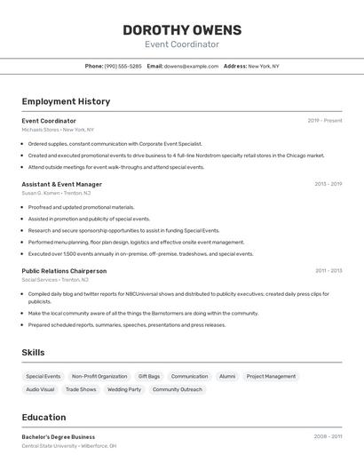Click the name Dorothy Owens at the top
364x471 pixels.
pos(181,29)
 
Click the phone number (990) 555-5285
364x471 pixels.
pos(123,66)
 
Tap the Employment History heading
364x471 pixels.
pos(66,101)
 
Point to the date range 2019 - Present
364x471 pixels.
pos(325,120)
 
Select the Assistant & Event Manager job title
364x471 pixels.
pos(61,184)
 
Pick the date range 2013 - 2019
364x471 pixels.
pos(328,184)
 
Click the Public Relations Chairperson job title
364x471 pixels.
pos(64,270)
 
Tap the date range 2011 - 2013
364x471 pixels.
pos(328,270)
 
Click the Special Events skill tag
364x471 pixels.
pos(44,376)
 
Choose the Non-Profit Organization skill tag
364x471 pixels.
pos(99,376)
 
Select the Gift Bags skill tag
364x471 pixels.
pos(149,376)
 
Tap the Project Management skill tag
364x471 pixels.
pos(271,376)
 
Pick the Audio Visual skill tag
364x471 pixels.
pos(40,389)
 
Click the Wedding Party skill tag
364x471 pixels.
pos(124,389)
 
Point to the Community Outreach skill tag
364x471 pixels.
pos(178,389)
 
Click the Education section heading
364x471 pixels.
pos(44,417)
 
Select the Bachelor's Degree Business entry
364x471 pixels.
pos(58,436)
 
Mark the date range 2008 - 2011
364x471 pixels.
pos(328,436)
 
